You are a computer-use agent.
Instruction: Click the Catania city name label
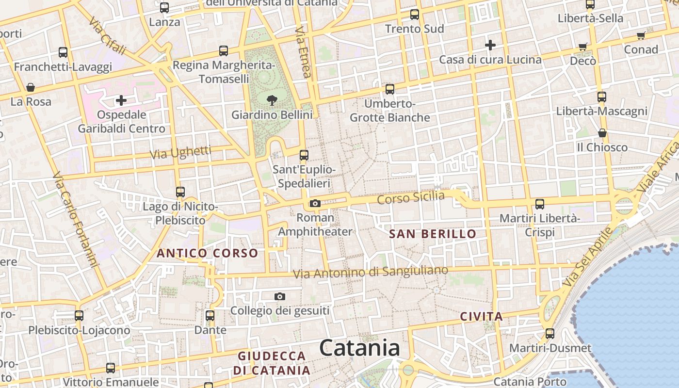(x=360, y=348)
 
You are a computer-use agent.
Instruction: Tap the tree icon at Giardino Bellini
(x=272, y=100)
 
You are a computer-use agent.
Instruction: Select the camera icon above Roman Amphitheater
(x=315, y=203)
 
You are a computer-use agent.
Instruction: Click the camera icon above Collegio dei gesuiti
(x=280, y=296)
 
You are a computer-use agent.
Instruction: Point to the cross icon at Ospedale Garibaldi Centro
(x=121, y=100)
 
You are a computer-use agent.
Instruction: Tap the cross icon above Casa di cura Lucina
(x=490, y=45)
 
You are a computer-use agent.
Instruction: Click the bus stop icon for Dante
(x=210, y=316)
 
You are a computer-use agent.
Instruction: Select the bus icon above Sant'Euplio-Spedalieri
(x=304, y=155)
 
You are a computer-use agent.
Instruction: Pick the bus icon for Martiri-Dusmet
(x=550, y=334)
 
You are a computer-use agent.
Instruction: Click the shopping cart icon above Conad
(x=641, y=35)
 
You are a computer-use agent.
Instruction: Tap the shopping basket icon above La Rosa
(x=31, y=87)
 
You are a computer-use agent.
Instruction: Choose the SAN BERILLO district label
(x=433, y=234)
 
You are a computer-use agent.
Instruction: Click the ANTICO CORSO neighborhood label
(x=207, y=253)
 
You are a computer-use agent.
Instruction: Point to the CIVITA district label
(x=481, y=317)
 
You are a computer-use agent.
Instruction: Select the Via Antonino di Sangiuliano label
(x=370, y=272)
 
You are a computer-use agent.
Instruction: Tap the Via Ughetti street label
(x=181, y=152)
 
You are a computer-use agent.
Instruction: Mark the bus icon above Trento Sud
(x=415, y=15)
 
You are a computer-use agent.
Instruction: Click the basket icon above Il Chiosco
(x=602, y=133)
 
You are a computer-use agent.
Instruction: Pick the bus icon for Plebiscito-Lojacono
(x=79, y=316)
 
